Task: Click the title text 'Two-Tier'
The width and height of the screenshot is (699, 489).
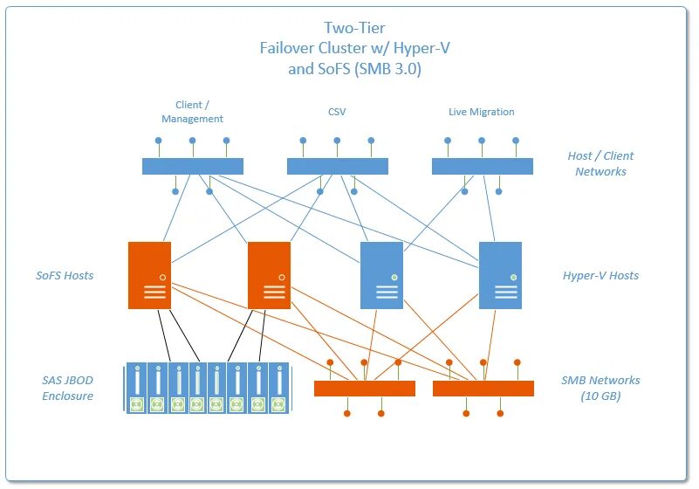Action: (x=354, y=29)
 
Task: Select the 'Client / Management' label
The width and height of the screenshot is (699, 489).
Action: (x=193, y=112)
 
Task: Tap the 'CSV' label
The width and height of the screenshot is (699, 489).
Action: (x=337, y=112)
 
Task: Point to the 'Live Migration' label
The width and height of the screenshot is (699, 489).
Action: (x=481, y=112)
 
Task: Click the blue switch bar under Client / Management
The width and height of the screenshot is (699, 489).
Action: (x=193, y=166)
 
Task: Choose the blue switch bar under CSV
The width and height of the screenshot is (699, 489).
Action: (x=337, y=166)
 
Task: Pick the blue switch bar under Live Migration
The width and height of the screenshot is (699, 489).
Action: (x=482, y=166)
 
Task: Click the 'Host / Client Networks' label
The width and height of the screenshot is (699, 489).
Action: (x=600, y=163)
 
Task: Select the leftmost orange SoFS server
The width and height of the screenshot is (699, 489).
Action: (x=149, y=275)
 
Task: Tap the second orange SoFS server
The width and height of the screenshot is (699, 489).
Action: (x=269, y=275)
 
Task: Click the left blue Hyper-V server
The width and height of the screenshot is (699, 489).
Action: (x=381, y=275)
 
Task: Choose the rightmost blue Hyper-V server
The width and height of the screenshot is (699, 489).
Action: (x=500, y=275)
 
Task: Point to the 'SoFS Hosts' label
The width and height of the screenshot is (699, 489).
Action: (x=65, y=275)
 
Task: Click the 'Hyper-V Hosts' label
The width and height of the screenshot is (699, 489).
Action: (x=600, y=275)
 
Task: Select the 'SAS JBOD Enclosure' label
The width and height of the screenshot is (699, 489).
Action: (x=67, y=388)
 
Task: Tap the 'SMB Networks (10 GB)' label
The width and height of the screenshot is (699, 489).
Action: (x=600, y=388)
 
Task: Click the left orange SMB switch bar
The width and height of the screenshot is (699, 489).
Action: (x=365, y=389)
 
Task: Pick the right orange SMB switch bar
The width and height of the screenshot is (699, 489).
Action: (x=483, y=389)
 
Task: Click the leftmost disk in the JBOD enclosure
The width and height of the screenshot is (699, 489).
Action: (x=136, y=388)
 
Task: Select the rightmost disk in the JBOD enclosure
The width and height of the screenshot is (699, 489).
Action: (x=278, y=388)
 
